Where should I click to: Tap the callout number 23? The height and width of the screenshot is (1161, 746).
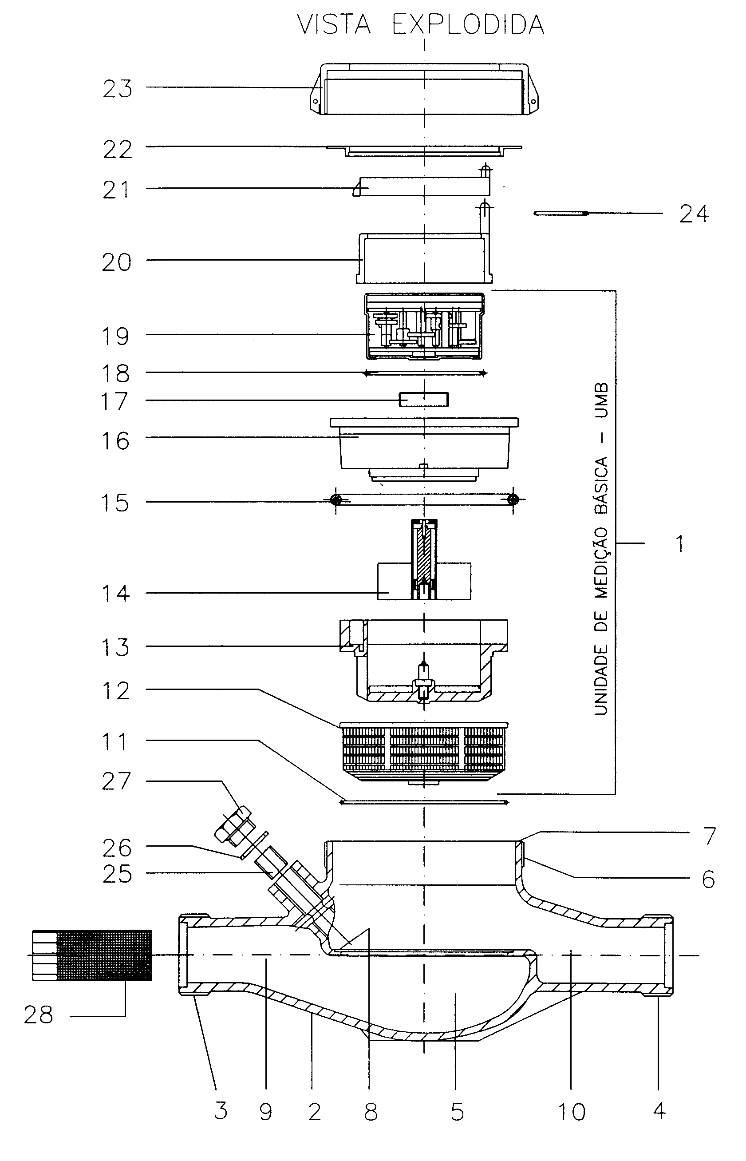(117, 89)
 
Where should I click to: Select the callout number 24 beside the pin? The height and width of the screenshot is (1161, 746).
(694, 214)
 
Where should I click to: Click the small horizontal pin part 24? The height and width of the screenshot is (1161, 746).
(561, 213)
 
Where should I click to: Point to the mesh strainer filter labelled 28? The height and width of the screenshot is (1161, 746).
(92, 955)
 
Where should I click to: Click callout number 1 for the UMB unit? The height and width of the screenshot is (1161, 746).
(681, 544)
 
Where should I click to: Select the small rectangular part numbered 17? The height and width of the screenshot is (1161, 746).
(424, 399)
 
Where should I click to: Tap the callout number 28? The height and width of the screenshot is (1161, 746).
(39, 1014)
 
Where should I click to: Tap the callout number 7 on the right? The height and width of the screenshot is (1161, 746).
(709, 836)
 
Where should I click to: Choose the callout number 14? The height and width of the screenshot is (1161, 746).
(115, 594)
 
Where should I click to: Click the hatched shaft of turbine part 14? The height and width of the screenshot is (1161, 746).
(425, 557)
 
